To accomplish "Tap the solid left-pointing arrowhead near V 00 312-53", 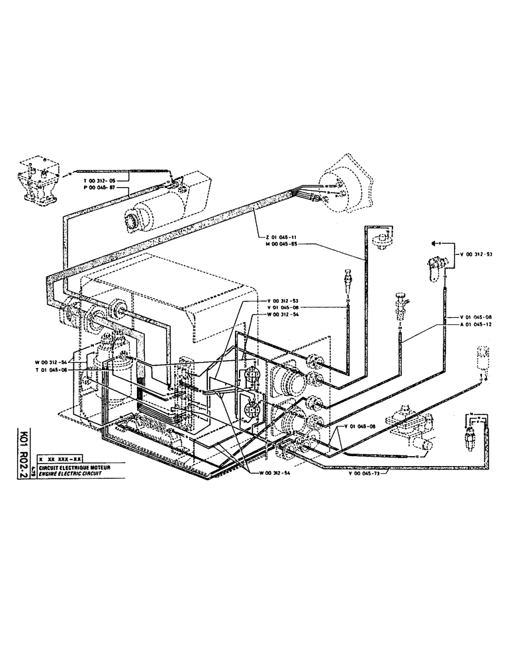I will [434, 245].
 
